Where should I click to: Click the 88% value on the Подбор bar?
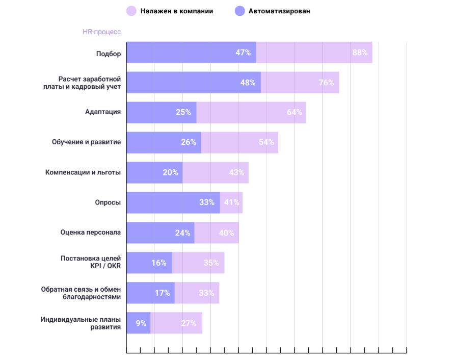(360, 53)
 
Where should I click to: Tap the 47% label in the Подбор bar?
(243, 53)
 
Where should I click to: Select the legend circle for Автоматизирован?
(239, 11)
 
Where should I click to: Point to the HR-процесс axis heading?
(102, 32)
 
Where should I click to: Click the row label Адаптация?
(103, 112)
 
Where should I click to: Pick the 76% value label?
(326, 83)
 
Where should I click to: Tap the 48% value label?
(248, 83)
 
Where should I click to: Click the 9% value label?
(141, 323)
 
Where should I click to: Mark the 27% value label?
(189, 323)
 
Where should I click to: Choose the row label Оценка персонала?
(91, 233)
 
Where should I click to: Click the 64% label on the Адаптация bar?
(295, 112)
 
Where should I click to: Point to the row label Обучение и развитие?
(87, 142)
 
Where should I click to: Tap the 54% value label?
(266, 142)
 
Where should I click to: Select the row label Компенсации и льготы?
(83, 172)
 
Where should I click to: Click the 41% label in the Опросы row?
(232, 202)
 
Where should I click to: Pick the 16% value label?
(159, 263)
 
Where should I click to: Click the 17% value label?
(163, 293)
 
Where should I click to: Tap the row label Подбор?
(109, 53)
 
